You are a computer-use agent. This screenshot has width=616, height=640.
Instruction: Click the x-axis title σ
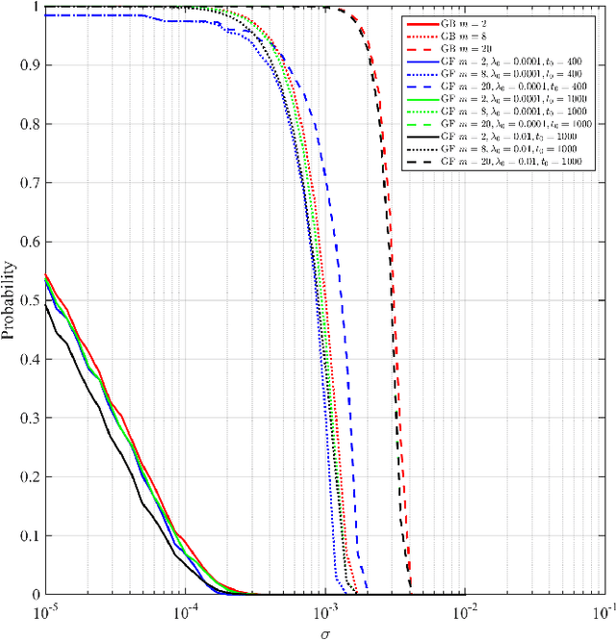(x=324, y=633)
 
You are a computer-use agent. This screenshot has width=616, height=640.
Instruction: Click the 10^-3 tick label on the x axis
(x=325, y=612)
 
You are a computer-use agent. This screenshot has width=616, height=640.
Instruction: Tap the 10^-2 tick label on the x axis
(x=466, y=612)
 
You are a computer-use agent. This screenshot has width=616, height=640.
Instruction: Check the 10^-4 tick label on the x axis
(x=185, y=612)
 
